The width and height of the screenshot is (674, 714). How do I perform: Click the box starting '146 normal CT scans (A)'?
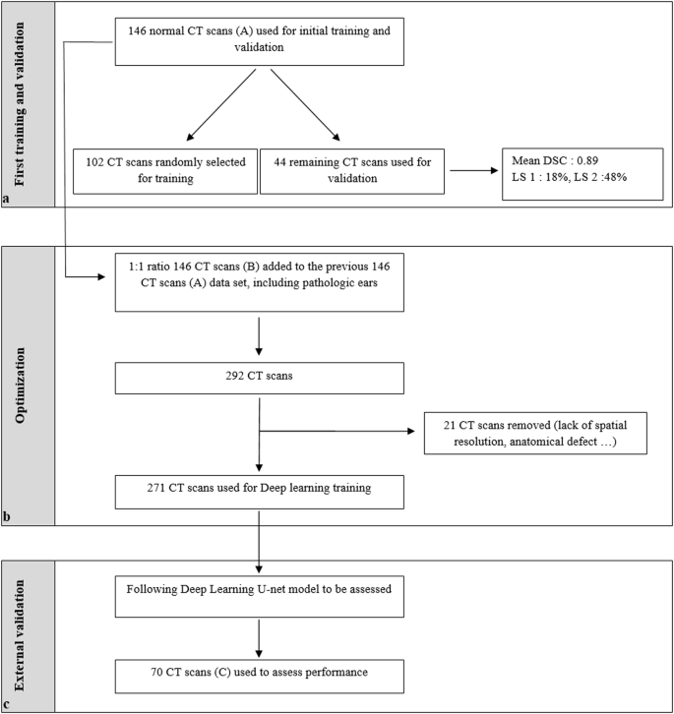click(x=258, y=40)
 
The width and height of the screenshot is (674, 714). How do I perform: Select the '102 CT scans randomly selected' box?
click(x=164, y=169)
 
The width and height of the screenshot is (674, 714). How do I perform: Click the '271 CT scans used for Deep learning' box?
click(x=258, y=491)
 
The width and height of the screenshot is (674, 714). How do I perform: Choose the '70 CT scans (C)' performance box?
click(x=258, y=678)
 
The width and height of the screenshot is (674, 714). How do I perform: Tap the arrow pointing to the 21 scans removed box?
click(x=339, y=429)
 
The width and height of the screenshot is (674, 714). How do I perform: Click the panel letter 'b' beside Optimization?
click(x=8, y=516)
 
